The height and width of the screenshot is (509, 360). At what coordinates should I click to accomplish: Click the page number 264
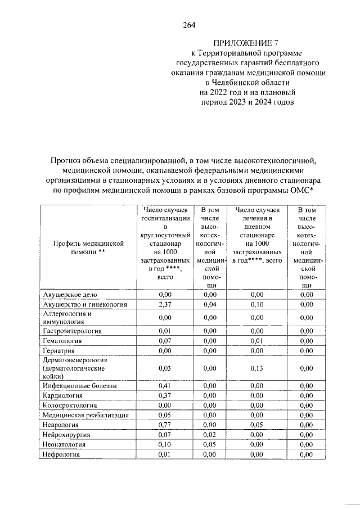[189, 25]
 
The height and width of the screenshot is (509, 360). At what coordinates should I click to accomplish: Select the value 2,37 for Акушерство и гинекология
[165, 304]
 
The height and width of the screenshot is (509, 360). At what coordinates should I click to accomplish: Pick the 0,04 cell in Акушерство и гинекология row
[210, 304]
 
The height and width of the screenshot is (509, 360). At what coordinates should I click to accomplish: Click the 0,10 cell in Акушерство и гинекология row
[256, 304]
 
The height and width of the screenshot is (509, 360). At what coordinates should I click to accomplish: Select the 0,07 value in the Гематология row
[165, 340]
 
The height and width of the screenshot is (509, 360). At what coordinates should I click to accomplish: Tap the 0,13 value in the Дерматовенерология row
[256, 368]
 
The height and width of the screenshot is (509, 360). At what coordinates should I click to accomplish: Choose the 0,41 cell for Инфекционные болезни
[165, 386]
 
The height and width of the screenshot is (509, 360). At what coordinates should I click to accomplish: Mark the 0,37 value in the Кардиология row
[165, 395]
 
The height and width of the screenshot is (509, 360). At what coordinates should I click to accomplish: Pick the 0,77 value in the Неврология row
[165, 425]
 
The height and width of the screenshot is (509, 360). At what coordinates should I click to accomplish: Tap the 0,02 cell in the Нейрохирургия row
[210, 435]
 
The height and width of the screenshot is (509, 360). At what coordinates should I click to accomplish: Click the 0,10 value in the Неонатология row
[165, 444]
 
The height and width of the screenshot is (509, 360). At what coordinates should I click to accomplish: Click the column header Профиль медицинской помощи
[87, 248]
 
